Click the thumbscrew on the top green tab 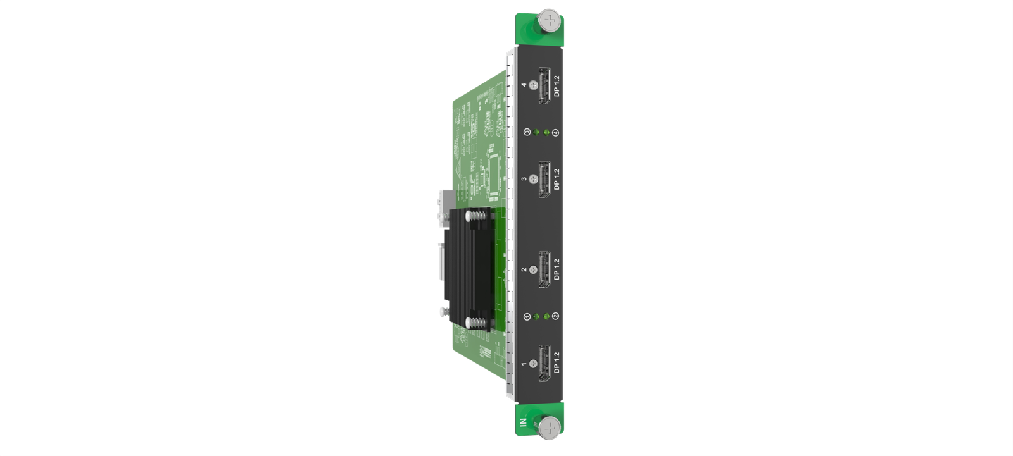550,20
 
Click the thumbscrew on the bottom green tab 550,428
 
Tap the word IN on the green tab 523,422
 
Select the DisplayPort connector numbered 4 544,85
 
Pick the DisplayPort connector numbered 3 544,180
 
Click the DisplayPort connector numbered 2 544,270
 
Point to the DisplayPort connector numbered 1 544,364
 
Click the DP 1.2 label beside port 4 557,86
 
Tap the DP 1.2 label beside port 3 557,180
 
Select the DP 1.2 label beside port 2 557,269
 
